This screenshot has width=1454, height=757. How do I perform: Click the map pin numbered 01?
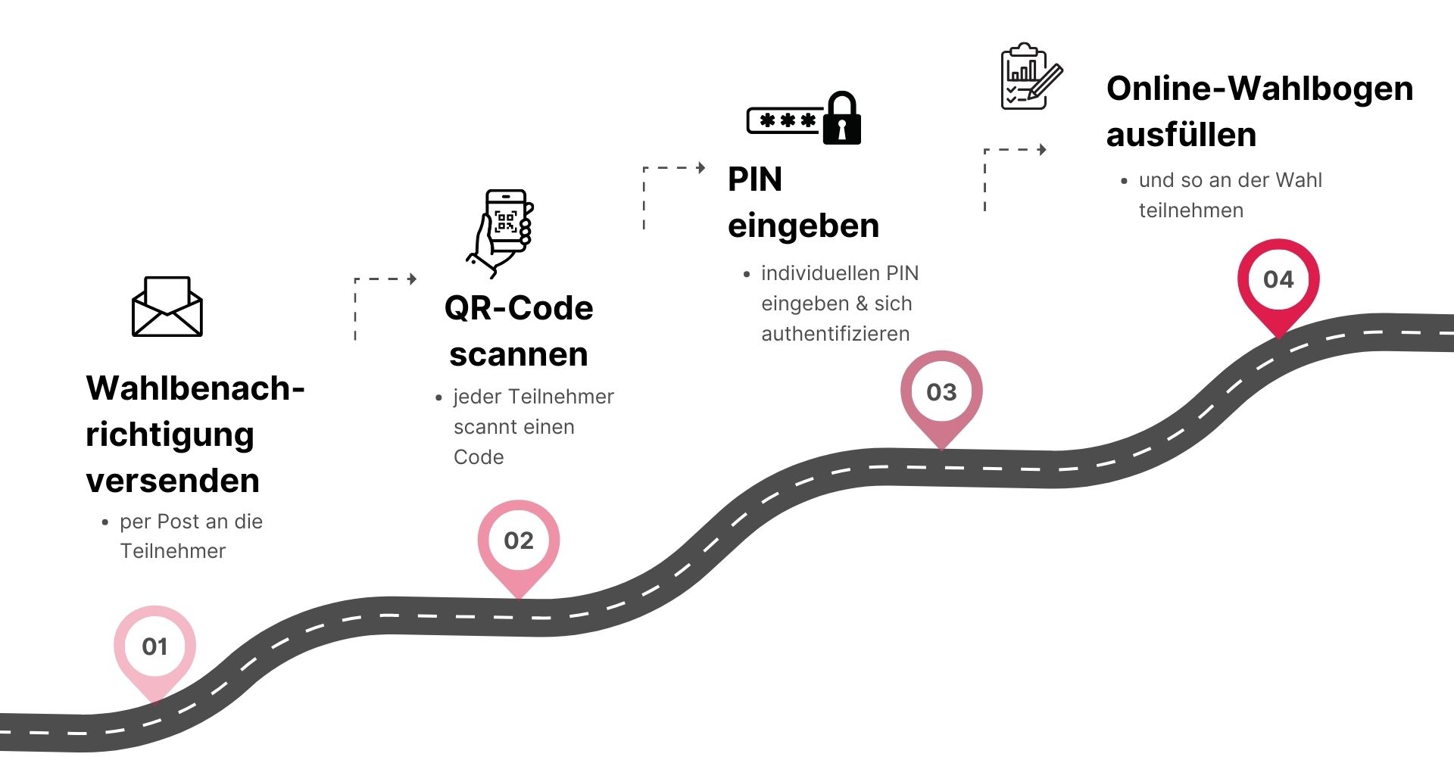coord(154,647)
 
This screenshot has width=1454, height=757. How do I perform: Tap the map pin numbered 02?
coord(519,540)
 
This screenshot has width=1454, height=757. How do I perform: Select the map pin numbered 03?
coord(941,392)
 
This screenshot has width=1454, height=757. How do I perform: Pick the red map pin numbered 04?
coord(1278,280)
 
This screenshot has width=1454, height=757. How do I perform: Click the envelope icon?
coord(167,307)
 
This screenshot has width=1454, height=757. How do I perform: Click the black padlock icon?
coord(842,119)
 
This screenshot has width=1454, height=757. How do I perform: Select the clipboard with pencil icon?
coord(1031,76)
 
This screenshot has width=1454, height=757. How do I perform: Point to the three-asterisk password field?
coord(785,120)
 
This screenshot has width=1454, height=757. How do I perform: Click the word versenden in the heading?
coord(173,481)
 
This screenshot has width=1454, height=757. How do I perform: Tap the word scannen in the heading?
coord(519,354)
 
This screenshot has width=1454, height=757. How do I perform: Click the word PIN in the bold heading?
coord(755,179)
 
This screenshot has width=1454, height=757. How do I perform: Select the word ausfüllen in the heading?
coord(1181,135)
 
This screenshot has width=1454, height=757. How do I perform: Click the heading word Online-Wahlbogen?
coord(1259,89)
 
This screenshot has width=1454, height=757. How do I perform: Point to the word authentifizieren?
coord(835,334)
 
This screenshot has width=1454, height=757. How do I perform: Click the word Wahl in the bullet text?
coord(1299,180)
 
